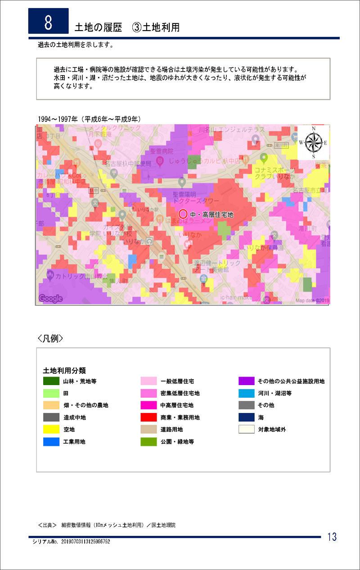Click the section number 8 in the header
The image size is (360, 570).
(48, 21)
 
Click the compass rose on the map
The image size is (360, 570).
(313, 143)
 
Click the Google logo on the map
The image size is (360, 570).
(50, 298)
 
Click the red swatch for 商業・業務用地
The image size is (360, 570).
(148, 417)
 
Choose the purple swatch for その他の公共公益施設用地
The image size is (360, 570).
(247, 381)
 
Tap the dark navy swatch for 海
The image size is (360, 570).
(247, 417)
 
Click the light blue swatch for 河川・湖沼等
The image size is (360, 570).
(247, 393)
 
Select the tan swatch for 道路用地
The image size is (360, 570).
(148, 430)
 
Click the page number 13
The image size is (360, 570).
(332, 537)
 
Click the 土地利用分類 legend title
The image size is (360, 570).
(64, 371)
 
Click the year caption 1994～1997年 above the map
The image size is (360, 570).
(90, 119)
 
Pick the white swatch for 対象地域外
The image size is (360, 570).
(247, 430)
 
